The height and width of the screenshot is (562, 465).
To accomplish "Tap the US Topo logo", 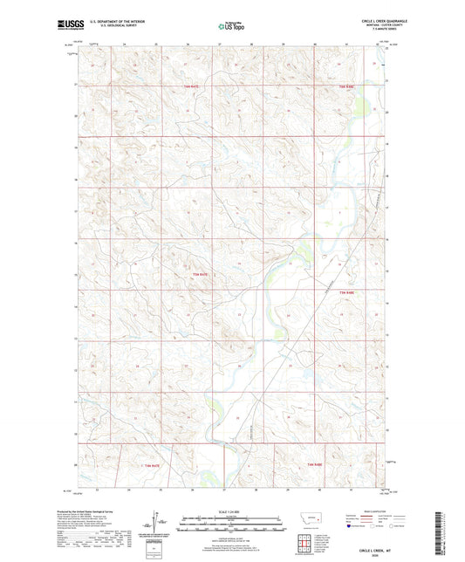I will [x=230, y=26].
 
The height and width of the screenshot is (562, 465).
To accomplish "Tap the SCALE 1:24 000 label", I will [x=233, y=512].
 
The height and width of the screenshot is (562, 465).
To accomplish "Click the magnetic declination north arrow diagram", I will [x=156, y=524].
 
